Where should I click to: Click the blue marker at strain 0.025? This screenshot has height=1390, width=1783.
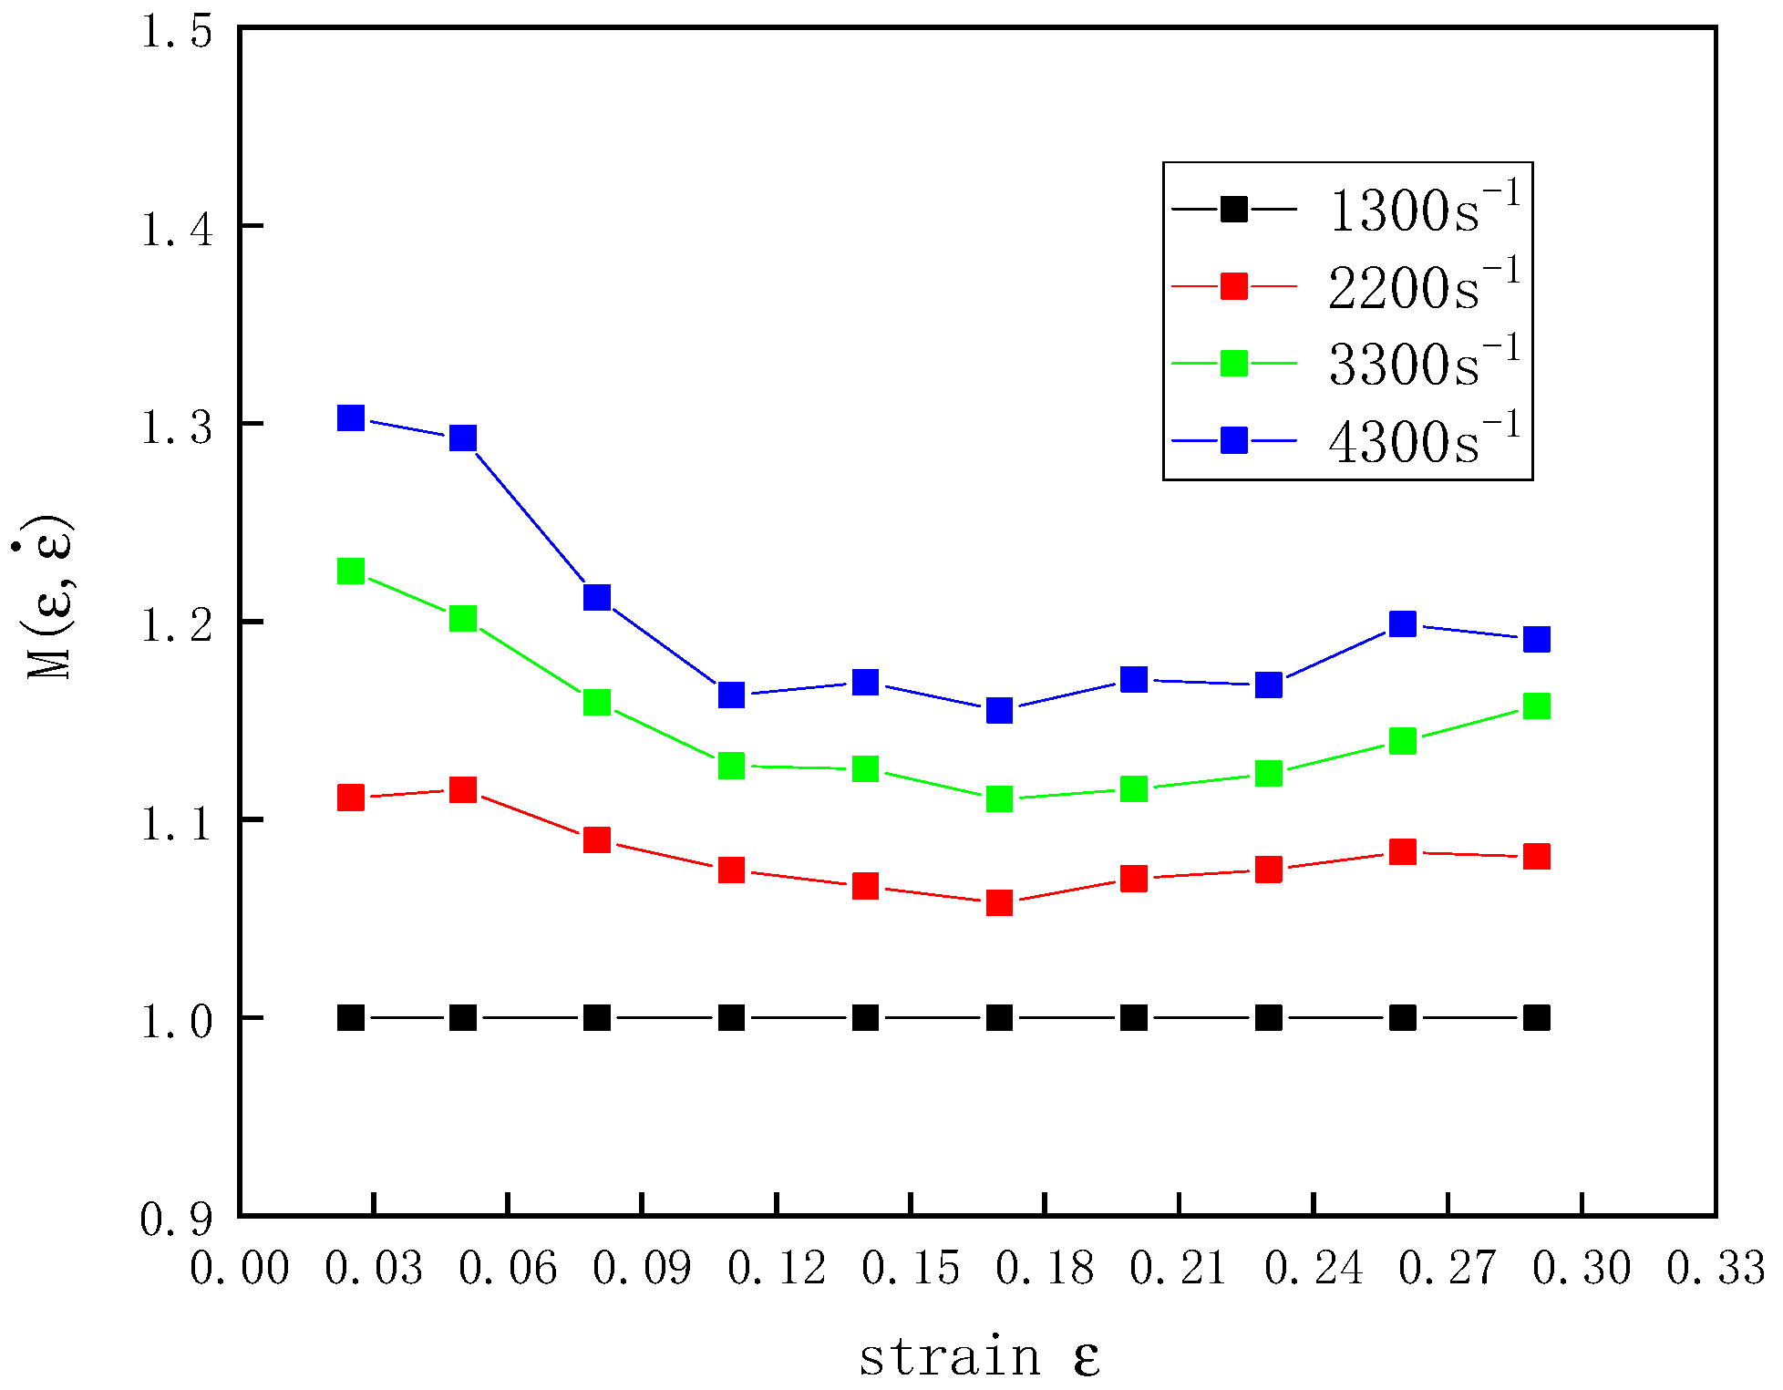click(351, 418)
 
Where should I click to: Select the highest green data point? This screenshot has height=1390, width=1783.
click(351, 571)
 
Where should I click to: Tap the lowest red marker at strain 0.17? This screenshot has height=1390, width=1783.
click(999, 902)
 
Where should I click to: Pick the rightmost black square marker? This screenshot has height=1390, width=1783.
click(1537, 1017)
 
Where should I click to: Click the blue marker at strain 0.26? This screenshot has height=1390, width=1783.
click(1402, 624)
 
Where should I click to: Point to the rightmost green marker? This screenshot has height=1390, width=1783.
click(1537, 706)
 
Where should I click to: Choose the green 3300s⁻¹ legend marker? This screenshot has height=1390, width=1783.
click(1234, 363)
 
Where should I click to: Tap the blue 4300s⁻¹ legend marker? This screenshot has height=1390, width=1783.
click(1234, 440)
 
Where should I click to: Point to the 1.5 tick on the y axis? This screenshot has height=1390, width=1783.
click(177, 32)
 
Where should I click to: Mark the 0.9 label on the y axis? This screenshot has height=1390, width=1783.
click(177, 1219)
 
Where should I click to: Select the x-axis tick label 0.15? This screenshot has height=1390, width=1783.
click(911, 1268)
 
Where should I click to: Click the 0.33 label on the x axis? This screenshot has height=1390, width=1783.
click(1716, 1268)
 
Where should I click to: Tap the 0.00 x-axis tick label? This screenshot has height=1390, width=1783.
click(240, 1268)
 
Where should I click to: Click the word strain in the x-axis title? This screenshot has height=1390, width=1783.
click(949, 1357)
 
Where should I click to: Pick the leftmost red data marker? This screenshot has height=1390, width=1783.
click(351, 798)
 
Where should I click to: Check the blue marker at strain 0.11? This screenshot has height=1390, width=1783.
click(731, 695)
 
